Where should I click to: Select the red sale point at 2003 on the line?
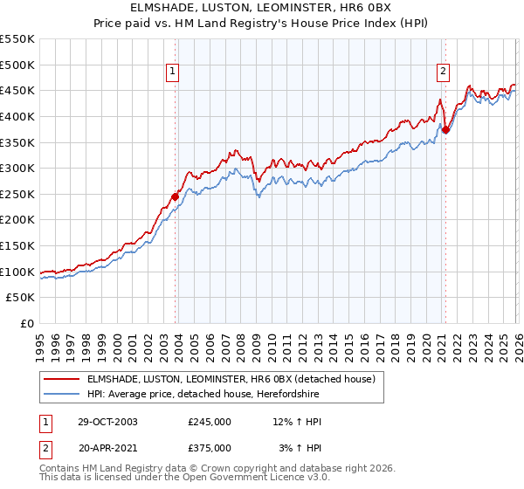click(x=176, y=196)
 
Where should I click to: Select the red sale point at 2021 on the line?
click(x=445, y=130)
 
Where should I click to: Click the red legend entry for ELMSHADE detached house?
click(x=231, y=379)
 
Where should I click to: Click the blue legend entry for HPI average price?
click(x=203, y=395)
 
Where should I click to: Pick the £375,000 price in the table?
click(x=210, y=448)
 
